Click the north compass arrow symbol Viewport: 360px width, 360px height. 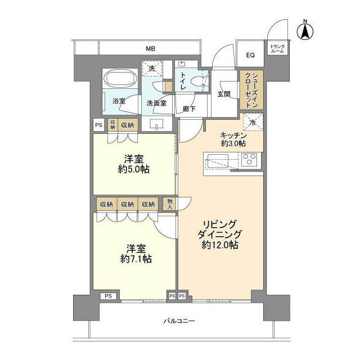tap(305, 31)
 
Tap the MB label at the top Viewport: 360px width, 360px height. tap(151, 48)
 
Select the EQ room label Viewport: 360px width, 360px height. tap(250, 55)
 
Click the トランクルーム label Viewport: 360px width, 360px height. tap(277, 49)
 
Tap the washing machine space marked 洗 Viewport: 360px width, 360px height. tap(152, 68)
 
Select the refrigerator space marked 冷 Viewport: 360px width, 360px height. tap(253, 122)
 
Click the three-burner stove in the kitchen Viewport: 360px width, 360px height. tap(250, 159)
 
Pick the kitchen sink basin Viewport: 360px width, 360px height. tap(218, 161)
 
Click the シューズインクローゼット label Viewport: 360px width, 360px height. tap(251, 90)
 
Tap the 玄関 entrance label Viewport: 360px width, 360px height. tap(224, 94)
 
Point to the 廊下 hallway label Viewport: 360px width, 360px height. tap(189, 109)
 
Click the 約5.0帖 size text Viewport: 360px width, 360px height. tap(134, 169)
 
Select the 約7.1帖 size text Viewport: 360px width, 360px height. tap(136, 259)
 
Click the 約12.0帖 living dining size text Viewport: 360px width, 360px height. tap(220, 245)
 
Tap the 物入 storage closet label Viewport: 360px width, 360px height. tap(170, 204)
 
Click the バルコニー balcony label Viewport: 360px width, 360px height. tap(179, 321)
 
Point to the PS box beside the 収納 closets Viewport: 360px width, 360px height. tap(99, 125)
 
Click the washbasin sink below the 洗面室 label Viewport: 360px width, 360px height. tap(156, 124)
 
